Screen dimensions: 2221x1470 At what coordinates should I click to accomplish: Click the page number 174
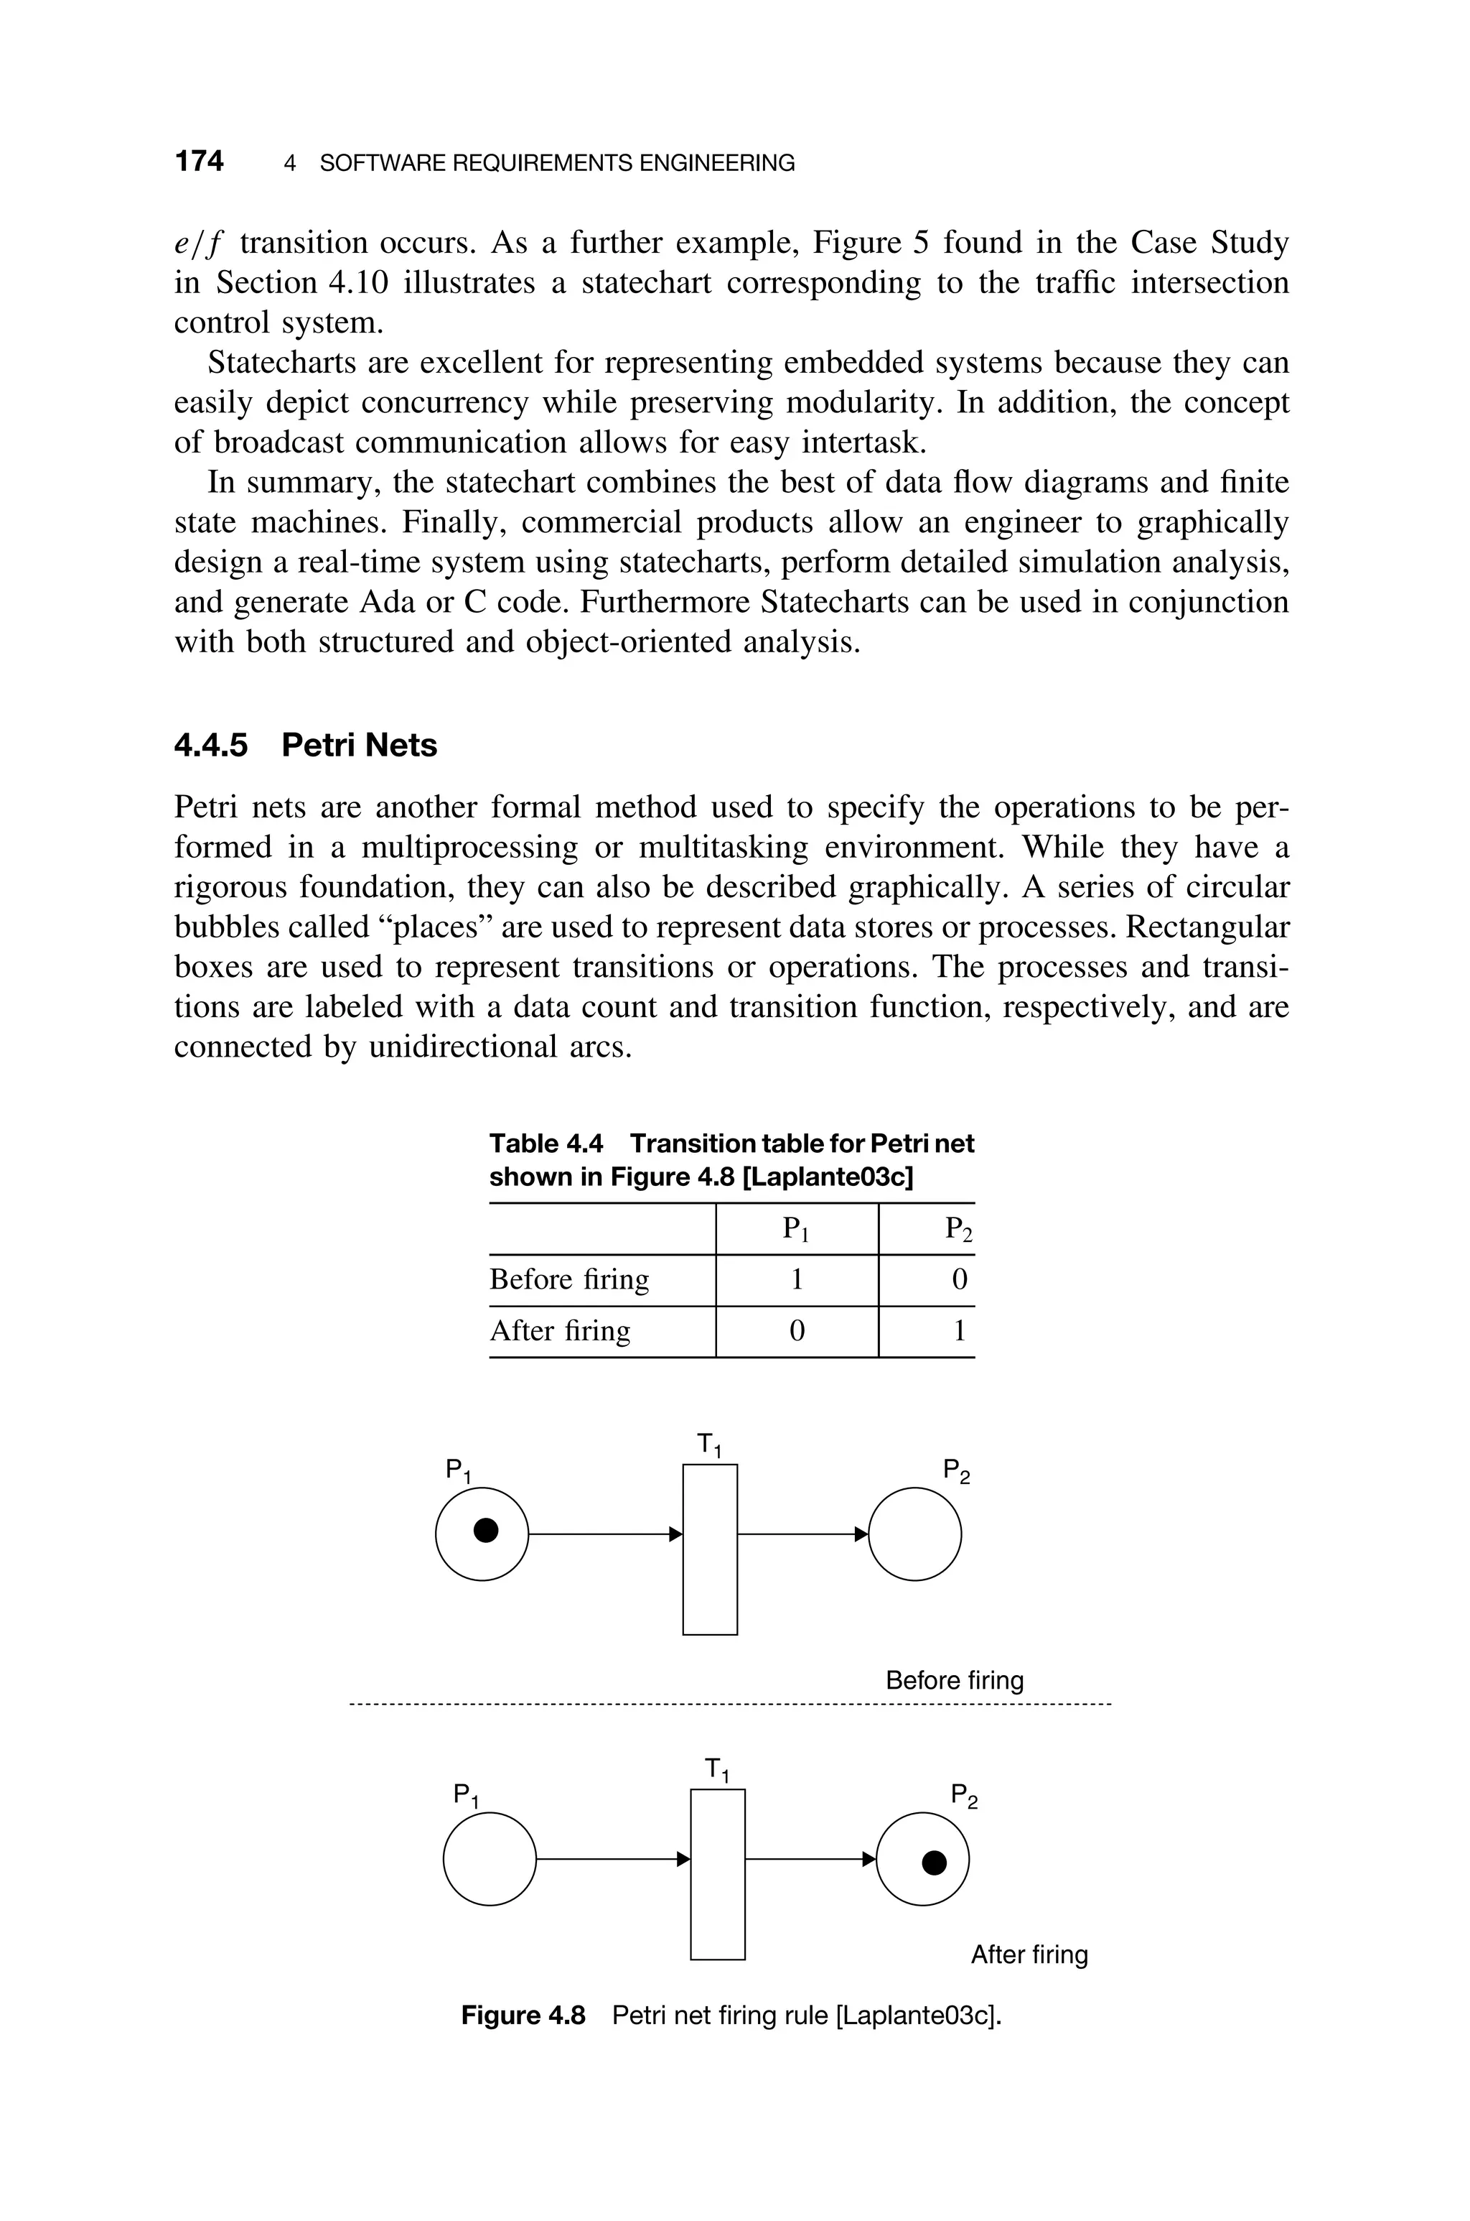point(199,162)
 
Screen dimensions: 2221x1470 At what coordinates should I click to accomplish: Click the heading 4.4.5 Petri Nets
point(306,745)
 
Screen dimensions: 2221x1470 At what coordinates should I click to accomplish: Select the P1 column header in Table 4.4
point(796,1229)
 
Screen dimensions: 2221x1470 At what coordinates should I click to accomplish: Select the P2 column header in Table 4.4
point(958,1229)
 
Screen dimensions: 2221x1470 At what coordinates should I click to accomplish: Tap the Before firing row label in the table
point(569,1280)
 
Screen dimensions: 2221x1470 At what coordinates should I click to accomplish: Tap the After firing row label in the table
point(560,1331)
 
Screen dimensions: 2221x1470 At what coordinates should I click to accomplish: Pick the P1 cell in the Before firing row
point(796,1280)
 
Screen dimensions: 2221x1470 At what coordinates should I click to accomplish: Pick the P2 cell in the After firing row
point(958,1331)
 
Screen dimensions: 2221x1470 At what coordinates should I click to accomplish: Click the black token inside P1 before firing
point(484,1531)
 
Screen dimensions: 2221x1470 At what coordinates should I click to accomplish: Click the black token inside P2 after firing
point(934,1863)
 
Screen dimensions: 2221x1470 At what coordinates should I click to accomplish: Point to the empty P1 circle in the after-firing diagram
point(490,1859)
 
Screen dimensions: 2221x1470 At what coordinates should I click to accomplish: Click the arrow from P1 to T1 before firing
point(604,1534)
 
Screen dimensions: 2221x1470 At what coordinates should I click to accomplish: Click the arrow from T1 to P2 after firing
point(809,1859)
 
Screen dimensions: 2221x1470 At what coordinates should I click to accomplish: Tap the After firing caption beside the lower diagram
point(1029,1955)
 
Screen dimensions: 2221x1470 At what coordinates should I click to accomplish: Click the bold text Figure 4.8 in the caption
point(523,2016)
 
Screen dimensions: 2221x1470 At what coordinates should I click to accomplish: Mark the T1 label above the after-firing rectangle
point(717,1770)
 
